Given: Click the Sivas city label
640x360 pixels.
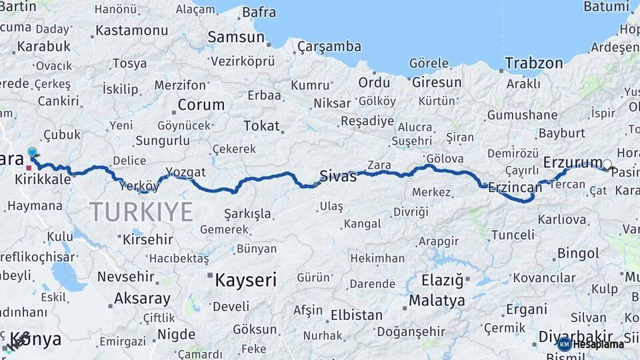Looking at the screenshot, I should coord(339,176).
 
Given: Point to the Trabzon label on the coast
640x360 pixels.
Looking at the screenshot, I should coord(533,63).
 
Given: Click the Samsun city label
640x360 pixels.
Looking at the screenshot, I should coord(236,37).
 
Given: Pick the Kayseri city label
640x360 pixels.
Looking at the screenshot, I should coord(245,280).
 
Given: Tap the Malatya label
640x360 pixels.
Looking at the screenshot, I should coord(437,301).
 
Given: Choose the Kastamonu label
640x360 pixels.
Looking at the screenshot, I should coord(131,31).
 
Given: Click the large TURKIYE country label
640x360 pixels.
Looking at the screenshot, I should coord(141,212).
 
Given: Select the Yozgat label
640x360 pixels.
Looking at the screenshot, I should coord(186,172).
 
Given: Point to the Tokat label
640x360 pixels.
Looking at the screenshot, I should coord(261,125).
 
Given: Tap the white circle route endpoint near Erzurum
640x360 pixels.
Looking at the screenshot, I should coord(607,164).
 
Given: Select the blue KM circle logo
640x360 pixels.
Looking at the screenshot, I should coord(564,344).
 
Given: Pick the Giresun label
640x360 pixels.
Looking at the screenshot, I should coord(437,82).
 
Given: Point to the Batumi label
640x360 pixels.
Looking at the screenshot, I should coord(606,7).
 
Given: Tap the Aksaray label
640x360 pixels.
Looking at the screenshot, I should coord(143,298).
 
